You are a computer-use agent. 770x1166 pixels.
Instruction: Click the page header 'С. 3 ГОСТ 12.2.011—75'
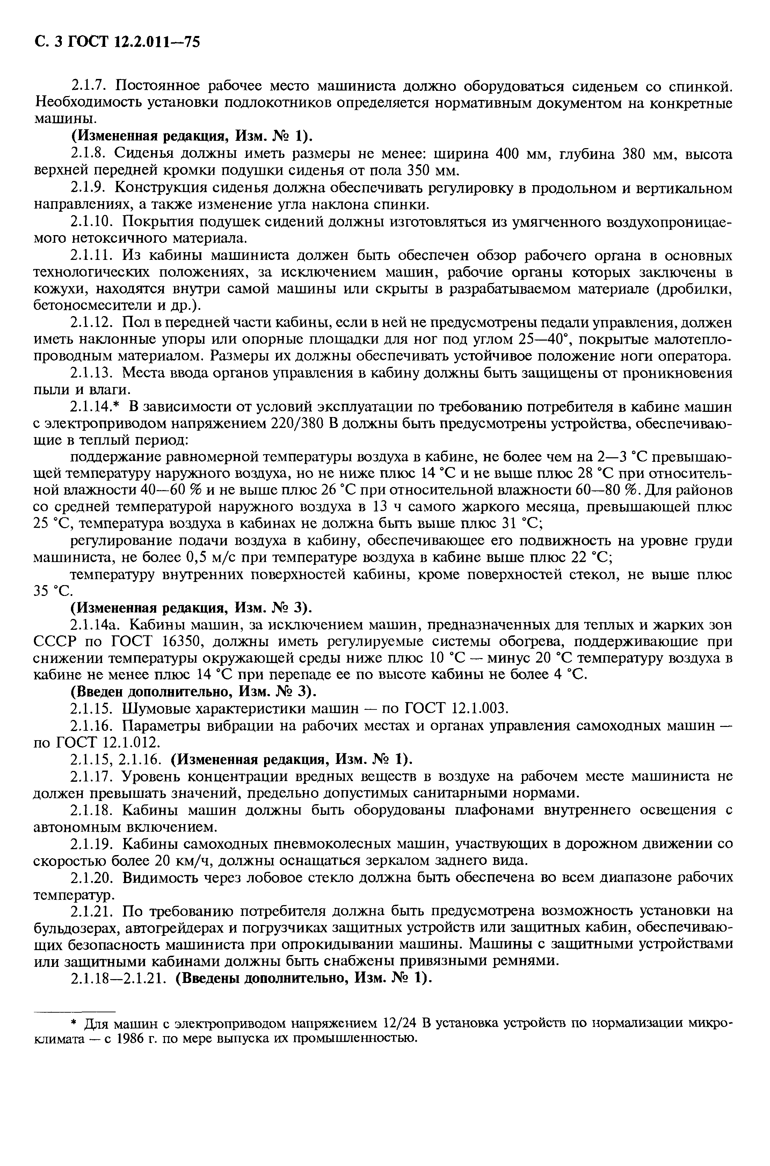tap(117, 42)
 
